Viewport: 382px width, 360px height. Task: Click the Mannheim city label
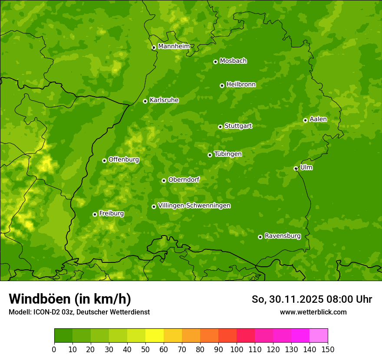tap(174, 46)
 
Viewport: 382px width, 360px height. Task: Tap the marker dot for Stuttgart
tap(220, 127)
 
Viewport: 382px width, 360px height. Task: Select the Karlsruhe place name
tap(164, 100)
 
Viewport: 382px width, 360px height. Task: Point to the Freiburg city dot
tap(95, 214)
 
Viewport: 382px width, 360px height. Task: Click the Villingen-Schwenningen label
tap(194, 206)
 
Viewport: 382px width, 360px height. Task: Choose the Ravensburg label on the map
tap(283, 236)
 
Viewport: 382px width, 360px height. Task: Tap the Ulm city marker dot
tap(296, 168)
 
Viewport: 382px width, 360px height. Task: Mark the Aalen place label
tap(318, 119)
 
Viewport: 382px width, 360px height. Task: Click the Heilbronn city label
tap(241, 85)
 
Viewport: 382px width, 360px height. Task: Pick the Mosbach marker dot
tap(215, 62)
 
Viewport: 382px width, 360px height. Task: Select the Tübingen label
tap(228, 154)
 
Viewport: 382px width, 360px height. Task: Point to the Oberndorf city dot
tap(164, 180)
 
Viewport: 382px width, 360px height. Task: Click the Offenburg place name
tap(124, 160)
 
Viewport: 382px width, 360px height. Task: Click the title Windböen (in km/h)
tap(70, 299)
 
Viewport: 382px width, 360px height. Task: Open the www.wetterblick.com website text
tap(313, 312)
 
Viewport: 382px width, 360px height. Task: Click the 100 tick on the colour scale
tap(237, 349)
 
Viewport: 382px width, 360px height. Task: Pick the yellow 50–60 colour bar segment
tap(155, 336)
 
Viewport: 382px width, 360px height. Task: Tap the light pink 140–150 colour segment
tap(319, 336)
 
